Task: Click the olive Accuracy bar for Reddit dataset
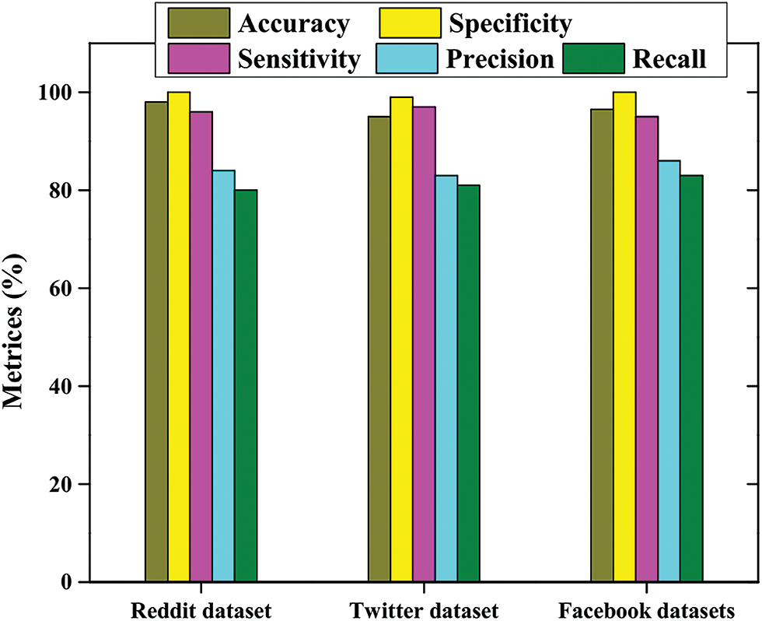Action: tap(156, 342)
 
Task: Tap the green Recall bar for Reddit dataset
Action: tap(246, 386)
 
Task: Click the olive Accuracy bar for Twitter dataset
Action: tap(379, 349)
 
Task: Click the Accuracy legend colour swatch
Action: tap(199, 23)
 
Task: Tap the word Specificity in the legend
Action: tap(510, 24)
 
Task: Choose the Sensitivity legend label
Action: tap(300, 59)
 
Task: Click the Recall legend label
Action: tap(670, 59)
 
